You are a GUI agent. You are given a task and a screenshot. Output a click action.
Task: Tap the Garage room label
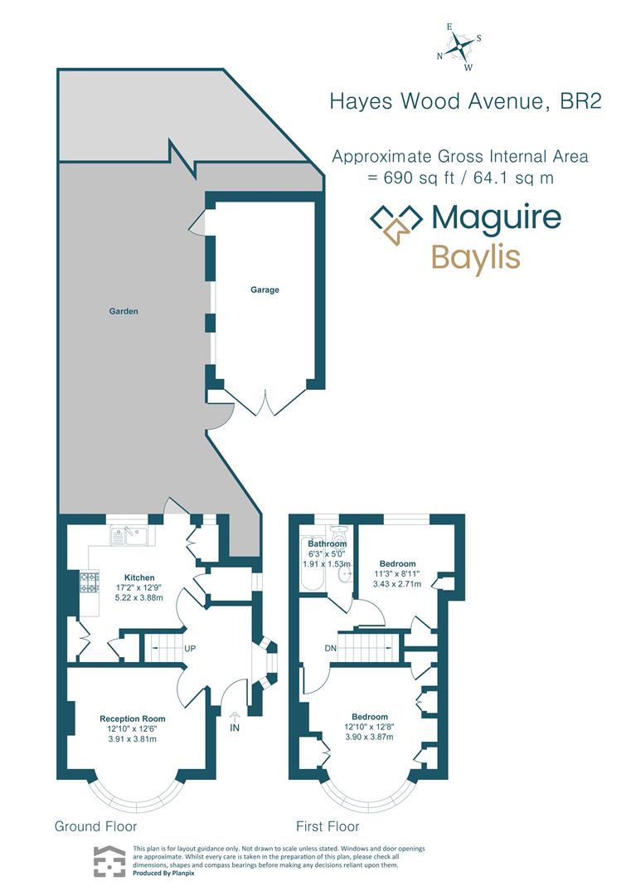pyautogui.click(x=265, y=290)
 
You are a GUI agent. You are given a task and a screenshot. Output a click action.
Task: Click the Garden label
pyautogui.click(x=124, y=312)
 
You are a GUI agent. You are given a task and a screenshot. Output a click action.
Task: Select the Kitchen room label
pyautogui.click(x=140, y=577)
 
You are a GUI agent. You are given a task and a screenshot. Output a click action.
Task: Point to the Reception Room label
pyautogui.click(x=132, y=718)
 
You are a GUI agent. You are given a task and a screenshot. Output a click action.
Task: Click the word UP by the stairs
pyautogui.click(x=190, y=648)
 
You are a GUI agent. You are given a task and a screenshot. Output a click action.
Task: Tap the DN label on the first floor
pyautogui.click(x=330, y=648)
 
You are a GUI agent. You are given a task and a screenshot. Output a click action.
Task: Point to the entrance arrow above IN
pyautogui.click(x=234, y=716)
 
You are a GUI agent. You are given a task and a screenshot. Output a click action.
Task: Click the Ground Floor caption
pyautogui.click(x=95, y=826)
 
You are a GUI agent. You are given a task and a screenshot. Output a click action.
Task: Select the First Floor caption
pyautogui.click(x=328, y=826)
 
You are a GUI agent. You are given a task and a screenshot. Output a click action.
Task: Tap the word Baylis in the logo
pyautogui.click(x=475, y=257)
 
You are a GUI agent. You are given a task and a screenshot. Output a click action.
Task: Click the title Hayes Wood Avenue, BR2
pyautogui.click(x=464, y=101)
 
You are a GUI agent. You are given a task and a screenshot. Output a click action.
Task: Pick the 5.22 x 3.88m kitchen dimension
pyautogui.click(x=140, y=597)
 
